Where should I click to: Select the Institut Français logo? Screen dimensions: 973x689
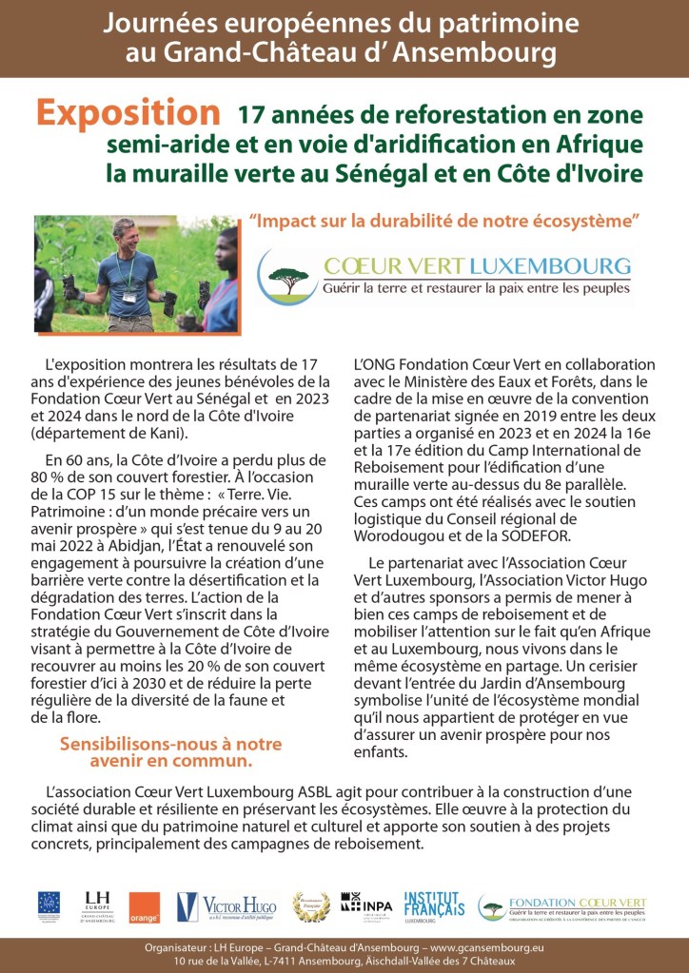point(434,905)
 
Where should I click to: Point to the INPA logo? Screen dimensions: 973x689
point(366,905)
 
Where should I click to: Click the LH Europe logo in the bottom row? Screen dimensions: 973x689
point(97,905)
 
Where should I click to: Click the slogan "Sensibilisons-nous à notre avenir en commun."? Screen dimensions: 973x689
point(157,752)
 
